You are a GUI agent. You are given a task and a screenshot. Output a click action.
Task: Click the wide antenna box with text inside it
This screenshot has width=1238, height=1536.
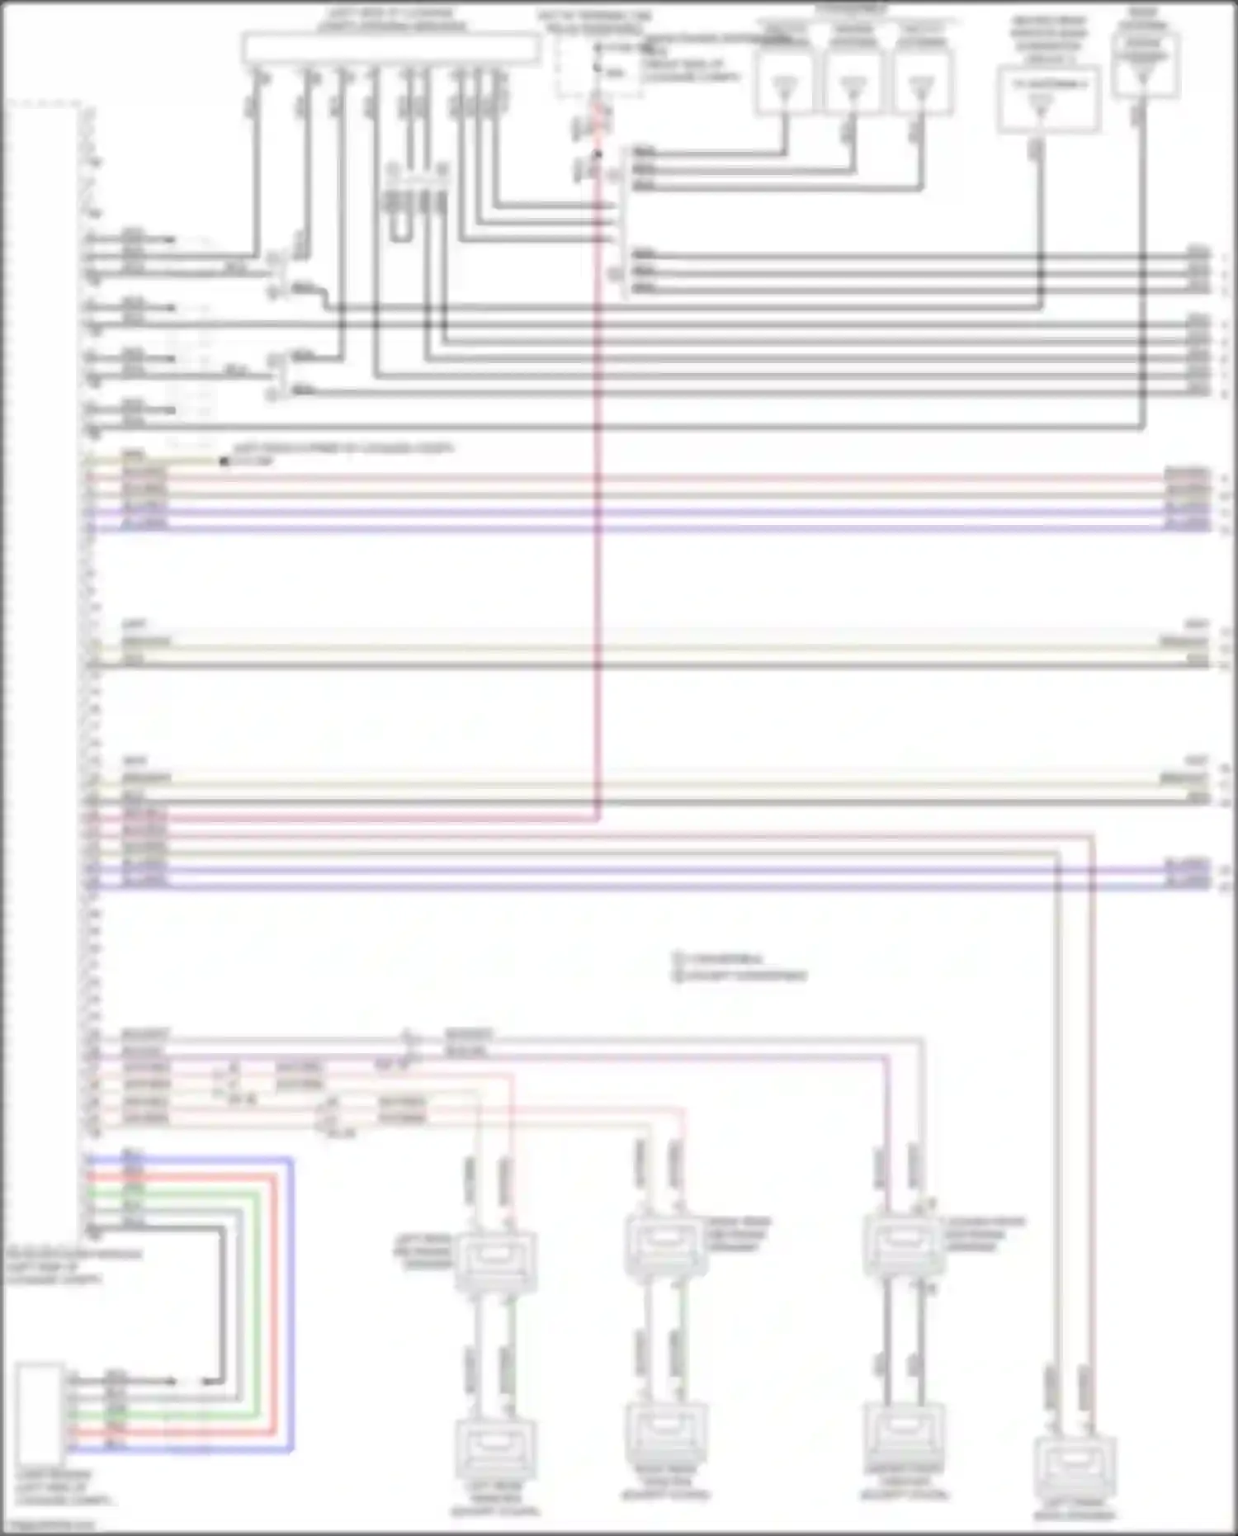pyautogui.click(x=1048, y=98)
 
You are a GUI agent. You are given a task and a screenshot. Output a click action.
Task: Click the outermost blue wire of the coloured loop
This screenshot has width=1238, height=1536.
pyautogui.click(x=291, y=1304)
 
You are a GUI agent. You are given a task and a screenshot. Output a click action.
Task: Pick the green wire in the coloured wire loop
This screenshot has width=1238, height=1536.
pyautogui.click(x=259, y=1304)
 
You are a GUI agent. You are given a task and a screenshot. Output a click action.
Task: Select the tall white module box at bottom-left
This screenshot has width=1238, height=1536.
pyautogui.click(x=39, y=1412)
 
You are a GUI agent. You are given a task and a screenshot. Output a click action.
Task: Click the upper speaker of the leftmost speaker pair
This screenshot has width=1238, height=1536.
pyautogui.click(x=495, y=1260)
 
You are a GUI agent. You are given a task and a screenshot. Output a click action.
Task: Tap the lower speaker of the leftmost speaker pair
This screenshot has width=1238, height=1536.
pyautogui.click(x=495, y=1449)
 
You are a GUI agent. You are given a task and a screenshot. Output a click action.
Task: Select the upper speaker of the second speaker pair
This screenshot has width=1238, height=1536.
pyautogui.click(x=665, y=1242)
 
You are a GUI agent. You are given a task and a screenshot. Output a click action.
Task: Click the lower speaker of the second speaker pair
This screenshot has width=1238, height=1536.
pyautogui.click(x=665, y=1432)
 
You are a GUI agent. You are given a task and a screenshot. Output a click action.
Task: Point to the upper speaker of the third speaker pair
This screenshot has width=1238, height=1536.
pyautogui.click(x=904, y=1242)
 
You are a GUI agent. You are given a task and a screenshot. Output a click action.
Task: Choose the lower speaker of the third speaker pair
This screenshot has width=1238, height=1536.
pyautogui.click(x=904, y=1432)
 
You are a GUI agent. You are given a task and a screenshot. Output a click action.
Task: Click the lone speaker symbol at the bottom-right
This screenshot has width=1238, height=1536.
pyautogui.click(x=1075, y=1465)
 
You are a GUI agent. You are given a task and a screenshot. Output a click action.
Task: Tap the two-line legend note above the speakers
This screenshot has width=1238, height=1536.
pyautogui.click(x=739, y=967)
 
